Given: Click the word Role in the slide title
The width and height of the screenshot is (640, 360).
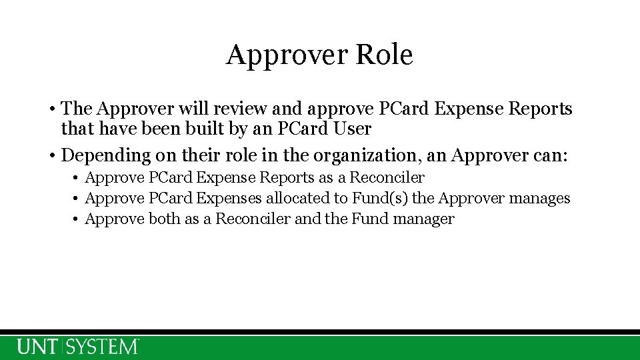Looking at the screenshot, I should (384, 55).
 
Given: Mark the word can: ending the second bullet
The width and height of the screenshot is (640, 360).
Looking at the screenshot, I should (547, 155).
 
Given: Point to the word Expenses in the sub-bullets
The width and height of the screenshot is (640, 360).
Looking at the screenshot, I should (227, 198).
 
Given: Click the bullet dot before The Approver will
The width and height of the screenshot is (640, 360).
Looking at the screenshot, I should (52, 109).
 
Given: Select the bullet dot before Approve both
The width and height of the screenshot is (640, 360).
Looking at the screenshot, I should (77, 219).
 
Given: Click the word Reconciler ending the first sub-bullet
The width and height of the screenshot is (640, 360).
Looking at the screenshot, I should (387, 177).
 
